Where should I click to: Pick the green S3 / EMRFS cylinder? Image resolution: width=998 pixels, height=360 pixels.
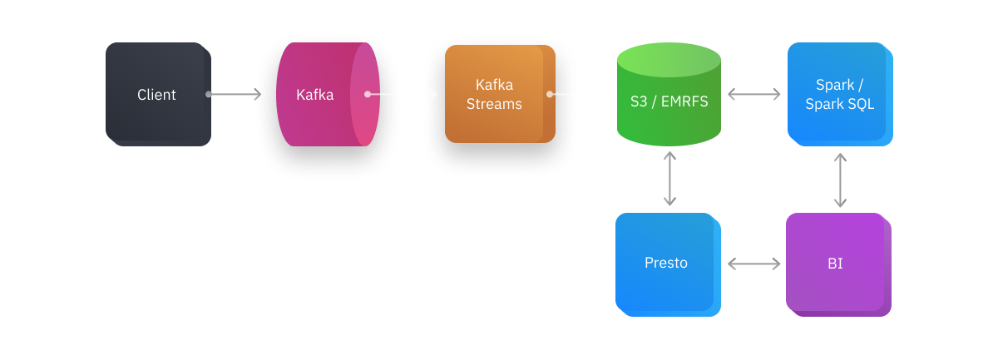click(668, 116)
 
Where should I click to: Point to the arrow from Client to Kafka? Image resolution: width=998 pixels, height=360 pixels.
click(237, 95)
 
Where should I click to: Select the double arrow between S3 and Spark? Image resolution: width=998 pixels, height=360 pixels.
click(754, 95)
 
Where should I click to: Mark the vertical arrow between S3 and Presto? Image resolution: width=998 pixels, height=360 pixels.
click(669, 178)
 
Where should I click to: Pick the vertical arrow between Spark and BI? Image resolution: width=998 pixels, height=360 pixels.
click(840, 179)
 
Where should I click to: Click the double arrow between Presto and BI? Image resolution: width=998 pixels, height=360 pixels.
click(754, 264)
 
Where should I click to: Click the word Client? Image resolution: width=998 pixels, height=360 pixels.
click(156, 95)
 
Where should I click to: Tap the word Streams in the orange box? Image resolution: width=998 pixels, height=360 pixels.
click(494, 104)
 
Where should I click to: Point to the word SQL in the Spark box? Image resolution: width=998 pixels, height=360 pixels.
click(858, 105)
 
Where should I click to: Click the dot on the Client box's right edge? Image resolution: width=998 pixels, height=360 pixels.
click(209, 95)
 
